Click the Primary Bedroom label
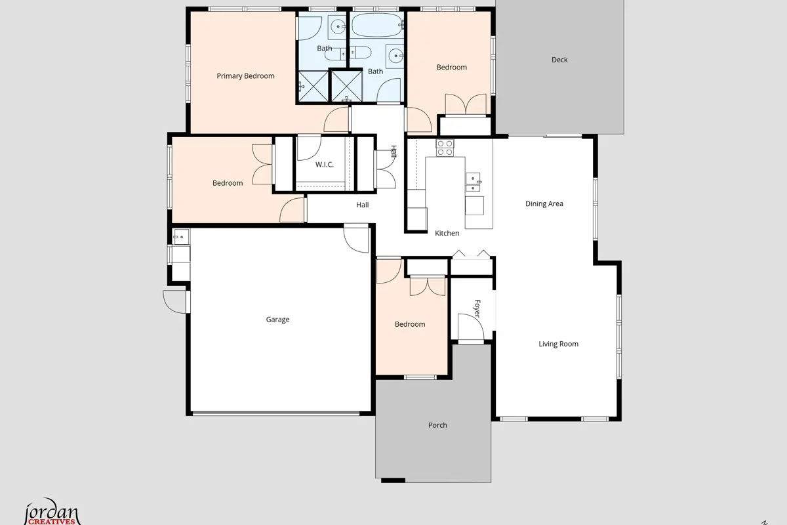coord(245,76)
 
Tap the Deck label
coord(559,60)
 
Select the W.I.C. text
coord(324,164)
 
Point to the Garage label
coord(277,320)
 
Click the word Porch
coord(437,425)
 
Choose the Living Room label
coord(558,344)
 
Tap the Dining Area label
coord(544,203)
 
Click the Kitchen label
coord(447,233)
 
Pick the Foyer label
coord(477,308)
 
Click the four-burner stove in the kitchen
coord(445,148)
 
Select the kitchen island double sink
coord(473,182)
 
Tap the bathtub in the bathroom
coord(377,25)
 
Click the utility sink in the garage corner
coord(180,237)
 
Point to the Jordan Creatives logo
coord(52,512)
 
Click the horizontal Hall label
coord(362,205)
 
